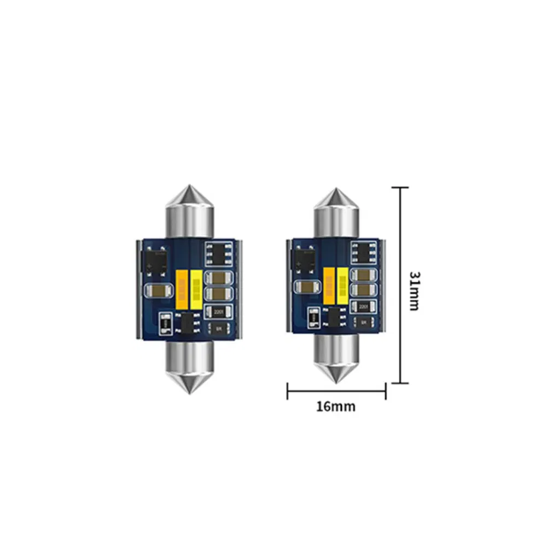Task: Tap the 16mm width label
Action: click(x=336, y=406)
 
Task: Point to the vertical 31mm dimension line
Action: click(x=401, y=284)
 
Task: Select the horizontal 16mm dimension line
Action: click(x=336, y=391)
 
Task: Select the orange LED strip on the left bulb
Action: click(x=182, y=288)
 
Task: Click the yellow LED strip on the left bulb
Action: click(x=196, y=288)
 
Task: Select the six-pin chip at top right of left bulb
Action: click(x=217, y=253)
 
